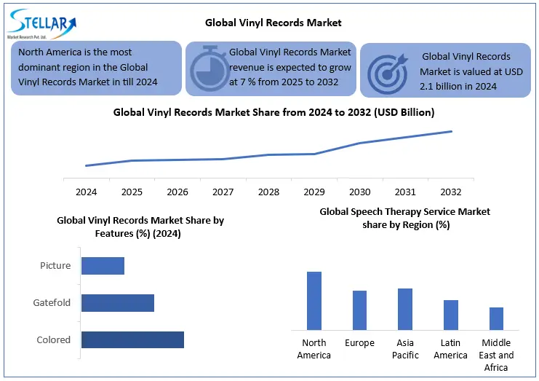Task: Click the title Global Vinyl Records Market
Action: coord(273,23)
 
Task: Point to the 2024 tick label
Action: coord(87,192)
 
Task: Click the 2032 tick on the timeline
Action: coord(451,192)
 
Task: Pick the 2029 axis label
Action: coord(314,192)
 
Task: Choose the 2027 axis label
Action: coord(223,192)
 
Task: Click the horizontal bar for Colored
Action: coord(132,339)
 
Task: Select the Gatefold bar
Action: coord(118,302)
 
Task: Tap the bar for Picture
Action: coord(103,265)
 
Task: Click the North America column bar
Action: coord(314,301)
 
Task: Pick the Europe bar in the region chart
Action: coord(359,310)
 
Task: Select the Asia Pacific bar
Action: coord(405,309)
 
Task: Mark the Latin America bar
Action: coord(451,315)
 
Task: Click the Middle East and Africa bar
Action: coord(496,318)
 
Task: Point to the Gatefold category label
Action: coord(52,302)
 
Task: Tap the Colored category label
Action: coord(54,339)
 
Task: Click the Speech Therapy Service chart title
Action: coord(405,218)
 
